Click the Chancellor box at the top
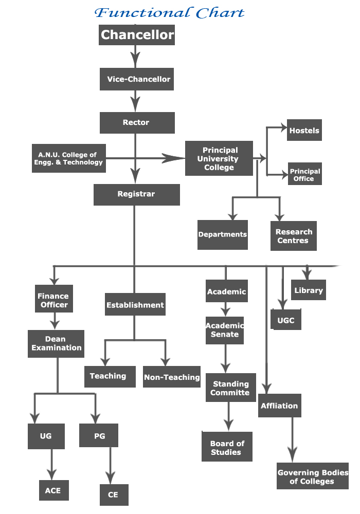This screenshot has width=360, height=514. (137, 35)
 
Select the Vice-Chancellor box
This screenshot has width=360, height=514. (137, 79)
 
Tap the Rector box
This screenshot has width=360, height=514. (137, 123)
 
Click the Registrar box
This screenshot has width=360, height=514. (137, 195)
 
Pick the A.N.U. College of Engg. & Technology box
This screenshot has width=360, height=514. (69, 158)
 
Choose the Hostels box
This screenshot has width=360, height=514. (304, 130)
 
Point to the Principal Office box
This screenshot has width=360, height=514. (305, 174)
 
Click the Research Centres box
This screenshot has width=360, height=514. (294, 236)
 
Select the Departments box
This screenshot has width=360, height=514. (223, 235)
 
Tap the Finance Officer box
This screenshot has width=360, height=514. (54, 299)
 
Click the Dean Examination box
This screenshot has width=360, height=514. (56, 343)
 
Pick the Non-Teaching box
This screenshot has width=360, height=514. (172, 377)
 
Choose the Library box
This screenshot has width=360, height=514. (309, 290)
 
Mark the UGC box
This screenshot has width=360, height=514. (286, 319)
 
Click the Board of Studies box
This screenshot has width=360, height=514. (227, 447)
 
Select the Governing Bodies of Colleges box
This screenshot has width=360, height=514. (313, 476)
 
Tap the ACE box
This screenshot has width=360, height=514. (54, 490)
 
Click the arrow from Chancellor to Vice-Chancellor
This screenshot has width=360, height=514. (135, 57)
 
